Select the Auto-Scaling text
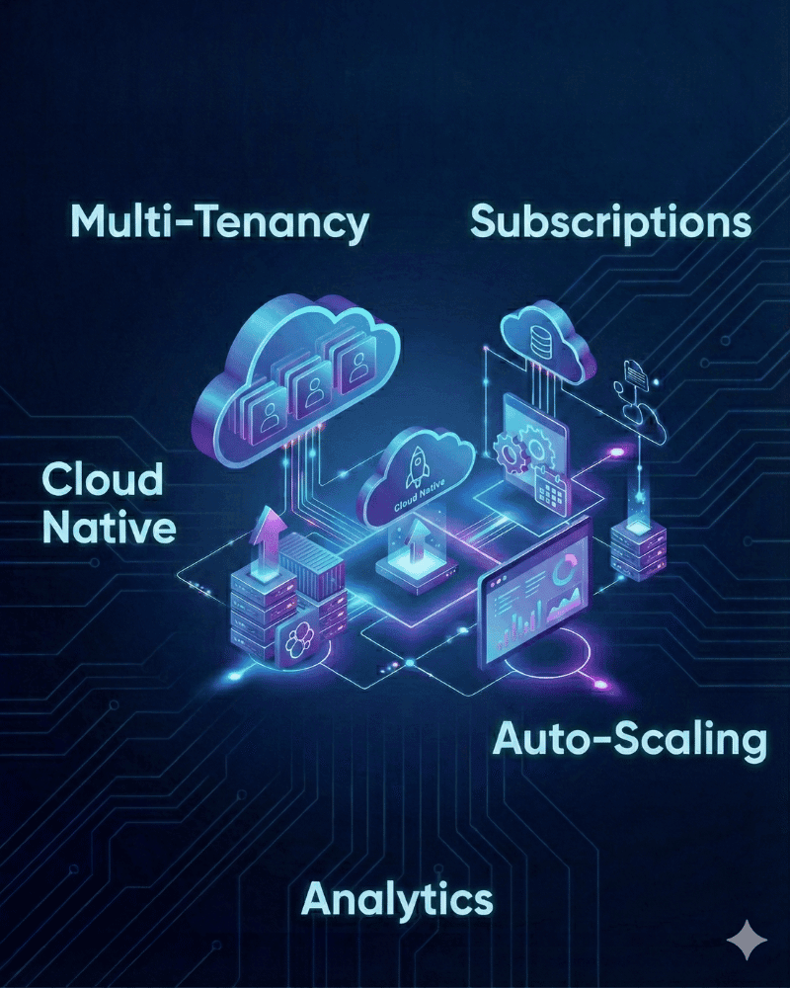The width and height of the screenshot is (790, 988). tap(630, 740)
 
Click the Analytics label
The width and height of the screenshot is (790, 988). tap(398, 900)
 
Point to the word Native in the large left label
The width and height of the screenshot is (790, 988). tap(109, 528)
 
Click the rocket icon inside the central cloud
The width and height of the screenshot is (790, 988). tap(416, 467)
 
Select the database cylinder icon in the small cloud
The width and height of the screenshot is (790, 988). tap(540, 341)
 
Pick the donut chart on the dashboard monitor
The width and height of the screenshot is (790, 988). tap(562, 570)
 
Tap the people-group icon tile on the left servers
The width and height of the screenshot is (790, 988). tap(297, 638)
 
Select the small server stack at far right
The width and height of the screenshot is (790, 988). tap(638, 548)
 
